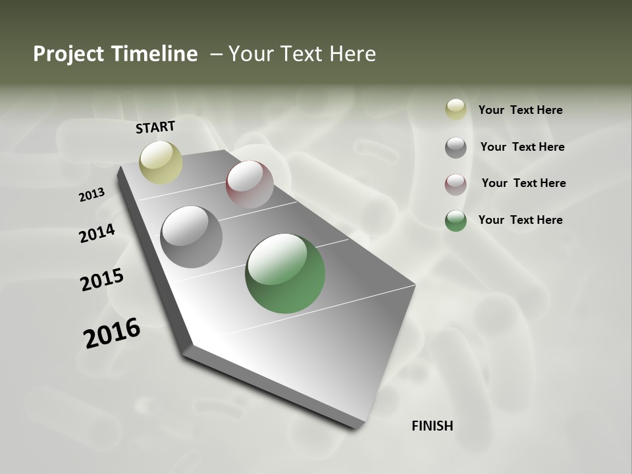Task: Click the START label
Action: coord(155,126)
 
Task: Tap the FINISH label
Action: coord(432,426)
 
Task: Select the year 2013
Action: coord(92,195)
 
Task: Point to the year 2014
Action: coord(97,233)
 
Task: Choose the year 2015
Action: coord(102,280)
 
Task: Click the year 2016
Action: coord(112,332)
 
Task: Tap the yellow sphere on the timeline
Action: coord(161,162)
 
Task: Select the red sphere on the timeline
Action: coord(250,184)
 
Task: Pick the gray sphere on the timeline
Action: coord(191,237)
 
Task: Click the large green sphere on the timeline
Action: coord(285,273)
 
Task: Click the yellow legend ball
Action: coord(456,110)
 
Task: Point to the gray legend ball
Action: coord(456,147)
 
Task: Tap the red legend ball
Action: coord(456,184)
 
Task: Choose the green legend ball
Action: coord(456,221)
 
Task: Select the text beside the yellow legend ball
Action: coord(520,110)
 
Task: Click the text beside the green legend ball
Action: coord(520,220)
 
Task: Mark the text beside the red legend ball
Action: coord(523,183)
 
